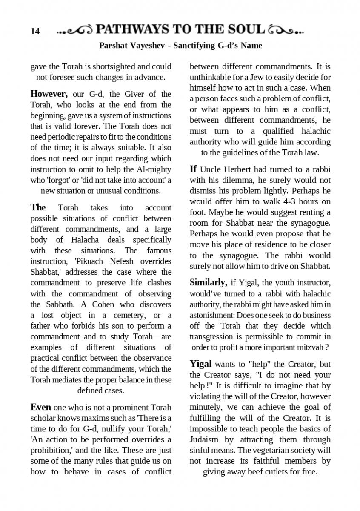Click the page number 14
35,31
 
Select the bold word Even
41,407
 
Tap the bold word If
193,169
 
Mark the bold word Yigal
200,364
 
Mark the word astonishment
211,315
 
